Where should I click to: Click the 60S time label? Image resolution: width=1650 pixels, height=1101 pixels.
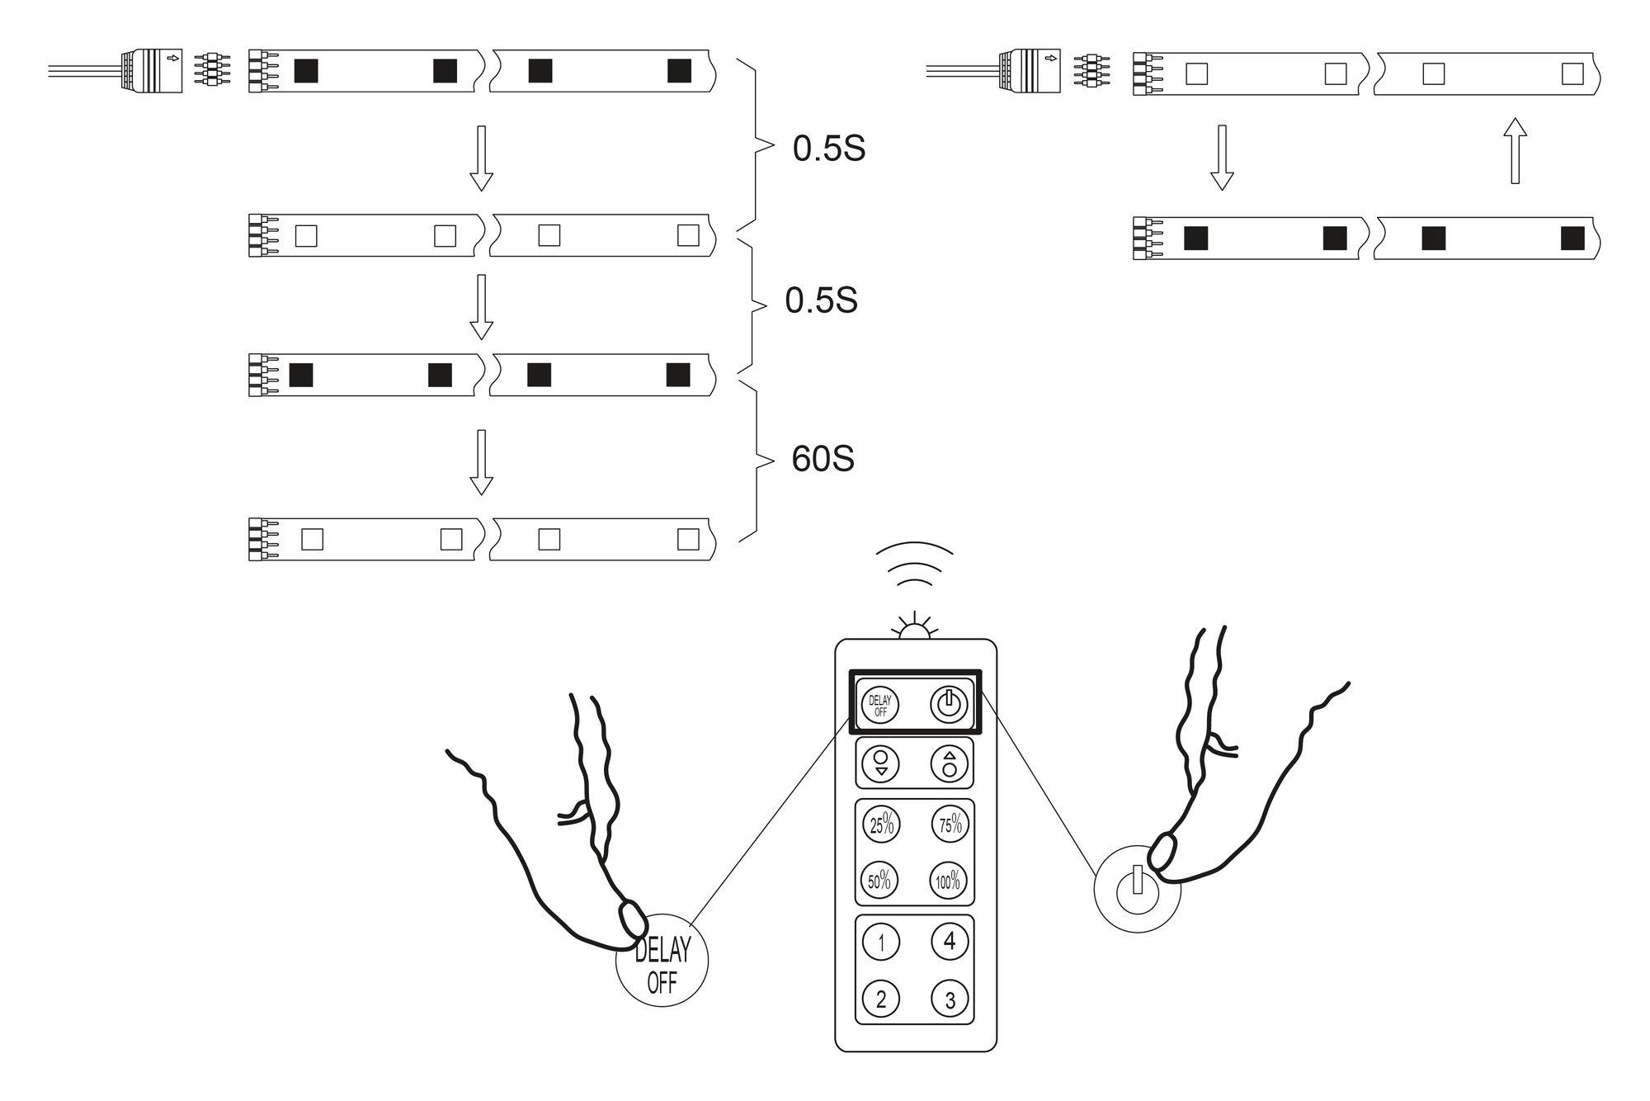[822, 460]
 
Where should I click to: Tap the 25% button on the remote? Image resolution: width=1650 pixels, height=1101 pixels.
[880, 824]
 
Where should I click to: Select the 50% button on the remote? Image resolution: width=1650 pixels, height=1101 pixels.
[880, 880]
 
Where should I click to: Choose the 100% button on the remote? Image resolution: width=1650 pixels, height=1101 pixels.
[949, 880]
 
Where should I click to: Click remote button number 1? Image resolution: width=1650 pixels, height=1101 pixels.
[881, 942]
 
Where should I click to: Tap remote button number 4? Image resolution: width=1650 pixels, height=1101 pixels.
[949, 940]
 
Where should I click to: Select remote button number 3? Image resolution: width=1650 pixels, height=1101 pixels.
[949, 999]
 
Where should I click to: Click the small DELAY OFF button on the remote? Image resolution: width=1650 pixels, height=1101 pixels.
[879, 706]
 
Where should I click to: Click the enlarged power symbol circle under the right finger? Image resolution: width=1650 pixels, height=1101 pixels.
[1137, 889]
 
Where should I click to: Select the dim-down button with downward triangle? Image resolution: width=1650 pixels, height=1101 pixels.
[880, 763]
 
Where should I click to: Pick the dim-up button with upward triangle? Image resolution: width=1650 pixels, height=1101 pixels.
[949, 763]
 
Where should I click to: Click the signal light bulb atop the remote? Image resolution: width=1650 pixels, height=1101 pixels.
[914, 629]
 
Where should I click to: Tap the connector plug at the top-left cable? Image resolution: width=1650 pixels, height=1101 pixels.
[152, 70]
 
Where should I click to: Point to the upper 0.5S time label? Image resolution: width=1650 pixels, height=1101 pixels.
[828, 149]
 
